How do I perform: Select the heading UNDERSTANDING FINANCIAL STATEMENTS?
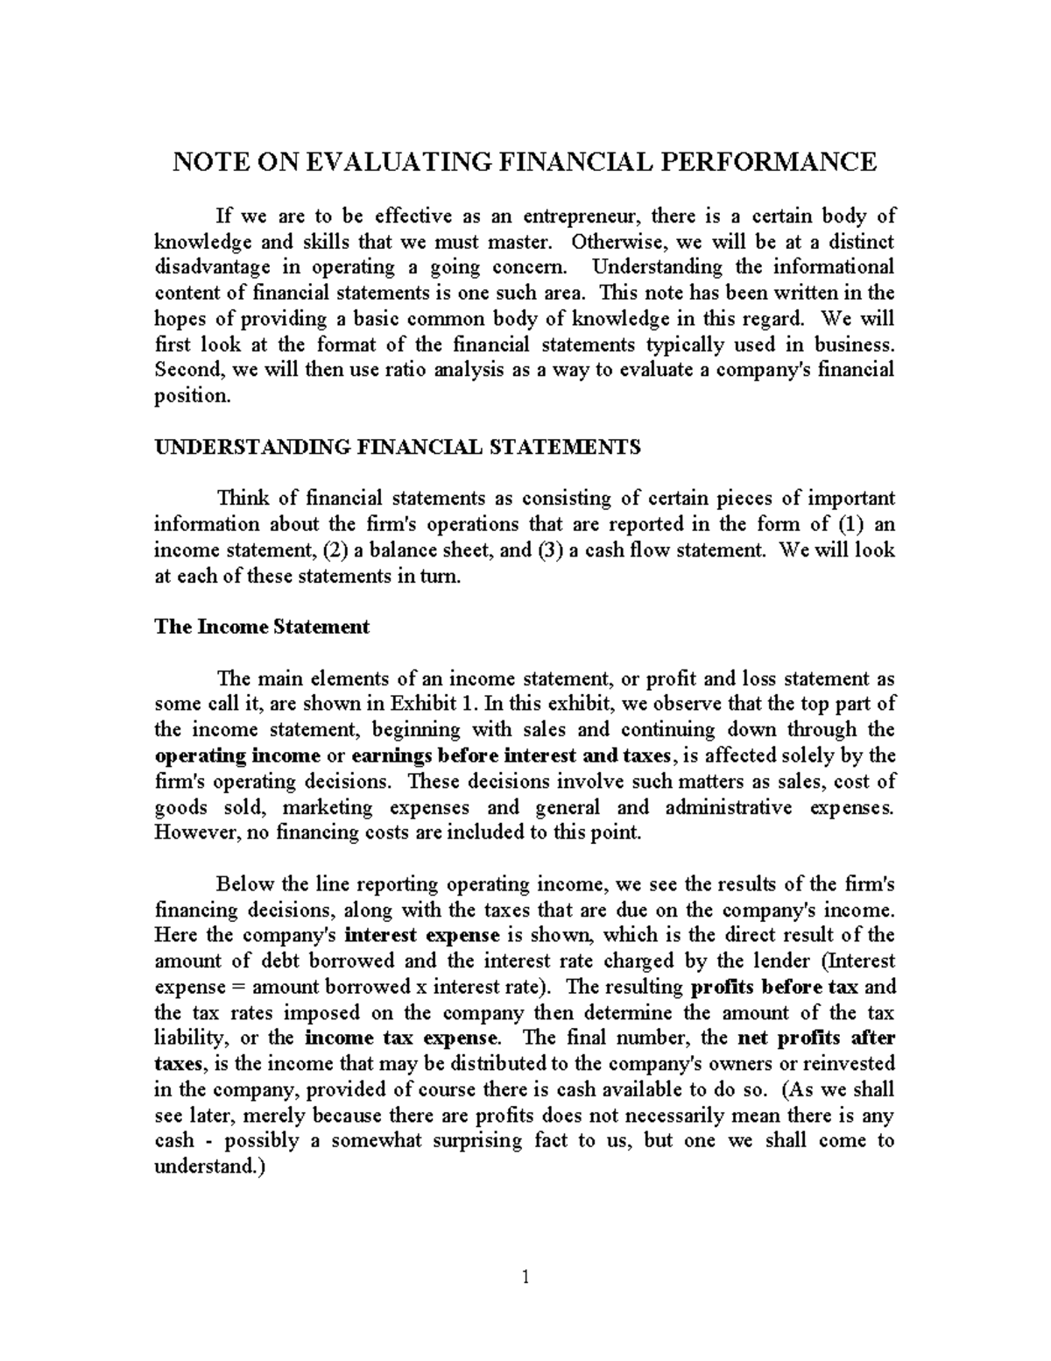[x=398, y=447]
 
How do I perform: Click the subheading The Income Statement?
[x=262, y=627]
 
